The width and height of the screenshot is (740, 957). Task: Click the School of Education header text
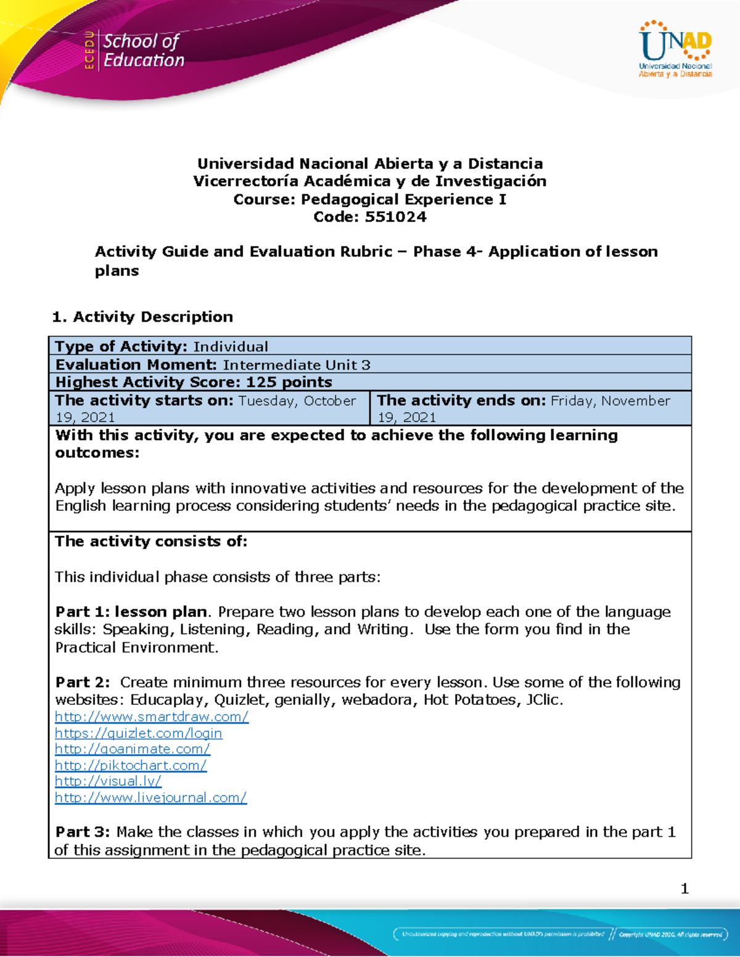point(143,51)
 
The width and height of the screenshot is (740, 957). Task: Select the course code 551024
point(395,217)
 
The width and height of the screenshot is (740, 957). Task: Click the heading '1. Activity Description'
point(142,317)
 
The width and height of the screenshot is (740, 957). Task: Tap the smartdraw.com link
point(152,717)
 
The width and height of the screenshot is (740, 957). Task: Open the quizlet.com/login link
point(138,733)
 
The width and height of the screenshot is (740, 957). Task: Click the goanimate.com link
point(133,749)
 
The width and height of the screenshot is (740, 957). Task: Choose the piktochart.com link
point(131,765)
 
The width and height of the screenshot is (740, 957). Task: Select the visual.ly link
point(108,781)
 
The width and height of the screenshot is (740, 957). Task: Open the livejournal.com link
point(150,797)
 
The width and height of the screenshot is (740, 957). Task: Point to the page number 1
point(684,889)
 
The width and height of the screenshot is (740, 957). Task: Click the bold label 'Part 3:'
point(83,832)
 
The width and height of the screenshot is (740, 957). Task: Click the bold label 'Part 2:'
point(83,682)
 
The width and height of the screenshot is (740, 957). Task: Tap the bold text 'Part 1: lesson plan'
point(131,612)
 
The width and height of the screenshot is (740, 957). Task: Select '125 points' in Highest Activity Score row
point(289,382)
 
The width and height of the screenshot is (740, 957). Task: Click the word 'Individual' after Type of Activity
point(231,346)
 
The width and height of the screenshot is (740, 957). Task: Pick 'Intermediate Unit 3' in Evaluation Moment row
point(297,365)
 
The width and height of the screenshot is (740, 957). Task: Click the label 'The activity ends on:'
point(461,401)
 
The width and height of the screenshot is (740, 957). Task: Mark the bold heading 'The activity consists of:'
point(151,541)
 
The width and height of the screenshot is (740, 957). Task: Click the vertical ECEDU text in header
point(89,51)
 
